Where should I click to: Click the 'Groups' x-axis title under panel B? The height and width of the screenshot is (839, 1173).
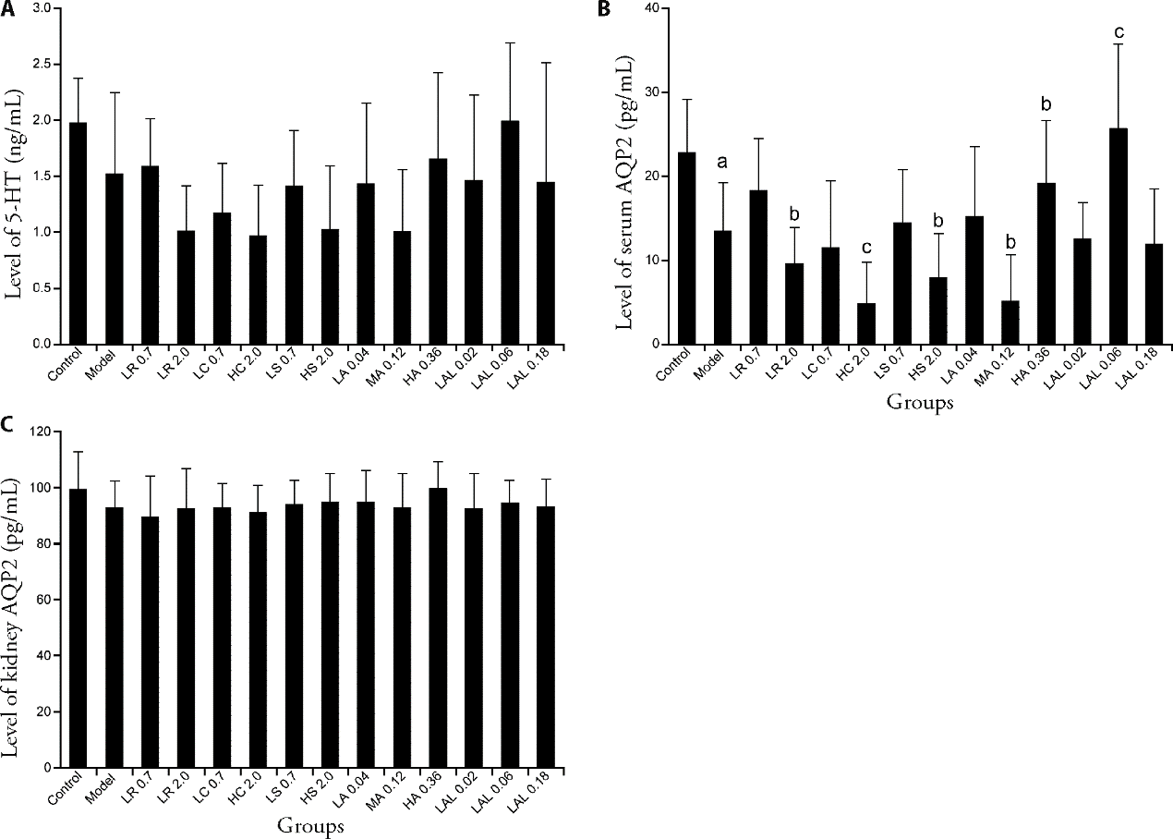(x=920, y=402)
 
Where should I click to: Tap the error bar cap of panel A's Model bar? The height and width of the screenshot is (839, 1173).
(x=114, y=92)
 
